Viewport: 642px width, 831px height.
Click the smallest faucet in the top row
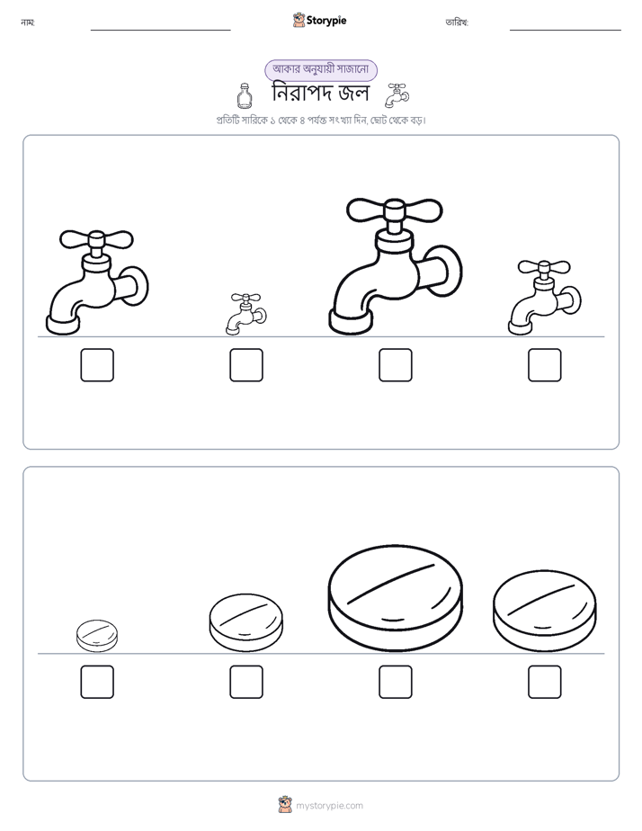[x=245, y=314]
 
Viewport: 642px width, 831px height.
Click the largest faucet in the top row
[x=395, y=266]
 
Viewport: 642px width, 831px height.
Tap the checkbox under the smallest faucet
[x=246, y=365]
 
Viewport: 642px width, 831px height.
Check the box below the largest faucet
[x=396, y=365]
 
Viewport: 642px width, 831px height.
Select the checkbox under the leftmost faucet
[x=97, y=365]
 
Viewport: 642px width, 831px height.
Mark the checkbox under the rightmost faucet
[x=545, y=365]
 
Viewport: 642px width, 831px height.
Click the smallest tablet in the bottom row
[x=97, y=636]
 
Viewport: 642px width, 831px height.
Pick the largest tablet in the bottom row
[x=395, y=598]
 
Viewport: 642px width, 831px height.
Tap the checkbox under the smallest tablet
[x=97, y=682]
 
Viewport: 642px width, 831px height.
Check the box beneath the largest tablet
[x=396, y=682]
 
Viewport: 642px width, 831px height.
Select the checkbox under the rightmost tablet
[x=545, y=682]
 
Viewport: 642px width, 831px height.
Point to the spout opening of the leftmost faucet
[x=63, y=325]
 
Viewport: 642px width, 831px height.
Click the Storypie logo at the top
[x=320, y=20]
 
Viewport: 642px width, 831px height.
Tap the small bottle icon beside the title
[x=244, y=94]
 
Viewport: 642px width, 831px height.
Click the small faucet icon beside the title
[x=397, y=94]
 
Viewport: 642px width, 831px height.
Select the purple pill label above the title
[x=321, y=70]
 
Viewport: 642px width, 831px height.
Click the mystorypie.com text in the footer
[x=329, y=806]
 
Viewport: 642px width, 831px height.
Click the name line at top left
[x=160, y=31]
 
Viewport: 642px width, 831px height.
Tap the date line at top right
[x=566, y=31]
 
